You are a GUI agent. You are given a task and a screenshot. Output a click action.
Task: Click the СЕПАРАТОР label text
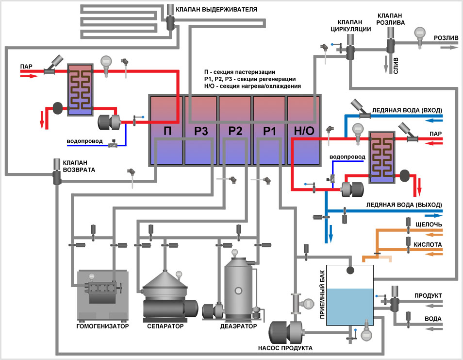click(x=165, y=326)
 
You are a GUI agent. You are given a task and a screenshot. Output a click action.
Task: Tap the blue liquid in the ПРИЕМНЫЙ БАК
click(x=350, y=311)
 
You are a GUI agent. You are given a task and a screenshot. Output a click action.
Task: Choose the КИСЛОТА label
click(x=429, y=244)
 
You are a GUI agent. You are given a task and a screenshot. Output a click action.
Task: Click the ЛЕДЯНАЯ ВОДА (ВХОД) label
click(x=407, y=110)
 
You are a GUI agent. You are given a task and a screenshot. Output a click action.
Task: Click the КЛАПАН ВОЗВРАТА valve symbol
click(x=57, y=176)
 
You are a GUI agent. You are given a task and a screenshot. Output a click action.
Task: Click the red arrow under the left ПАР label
click(x=29, y=76)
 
